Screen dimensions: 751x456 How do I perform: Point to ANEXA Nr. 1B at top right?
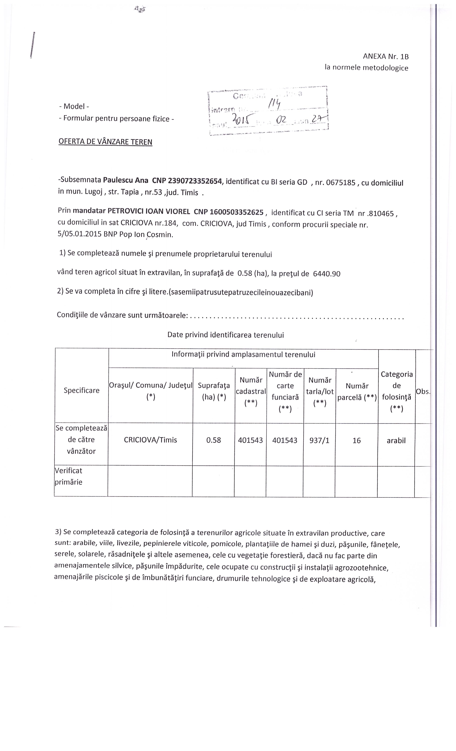(385, 57)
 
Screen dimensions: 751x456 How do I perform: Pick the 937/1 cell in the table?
(319, 440)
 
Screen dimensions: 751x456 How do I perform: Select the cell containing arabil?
(396, 440)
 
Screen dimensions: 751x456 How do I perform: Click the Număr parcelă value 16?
(356, 440)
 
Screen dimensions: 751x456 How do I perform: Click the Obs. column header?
(423, 391)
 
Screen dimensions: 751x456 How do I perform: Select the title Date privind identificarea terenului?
(225, 335)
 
